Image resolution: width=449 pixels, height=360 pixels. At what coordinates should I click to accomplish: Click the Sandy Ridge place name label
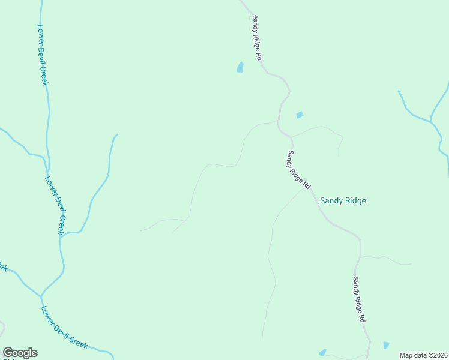pos(343,201)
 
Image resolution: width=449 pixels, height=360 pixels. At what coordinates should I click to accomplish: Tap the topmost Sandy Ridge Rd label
pos(258,37)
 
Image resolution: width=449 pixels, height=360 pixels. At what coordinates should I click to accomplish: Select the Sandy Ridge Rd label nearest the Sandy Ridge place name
pos(298,170)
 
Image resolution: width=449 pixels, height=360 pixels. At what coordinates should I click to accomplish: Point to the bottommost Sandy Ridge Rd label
pos(359,301)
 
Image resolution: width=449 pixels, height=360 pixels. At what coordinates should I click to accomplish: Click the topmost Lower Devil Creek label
pos(42,55)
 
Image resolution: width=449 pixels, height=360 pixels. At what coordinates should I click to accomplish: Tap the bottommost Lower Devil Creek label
pos(65,328)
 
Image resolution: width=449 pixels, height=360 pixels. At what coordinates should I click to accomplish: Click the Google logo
pos(20,353)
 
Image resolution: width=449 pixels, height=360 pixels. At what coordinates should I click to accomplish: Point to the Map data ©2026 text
pos(424,355)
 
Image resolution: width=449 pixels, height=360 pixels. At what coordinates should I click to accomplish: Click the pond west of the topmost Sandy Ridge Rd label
pos(240,67)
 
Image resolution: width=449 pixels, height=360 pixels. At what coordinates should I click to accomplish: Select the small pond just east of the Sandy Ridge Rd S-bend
pos(300,115)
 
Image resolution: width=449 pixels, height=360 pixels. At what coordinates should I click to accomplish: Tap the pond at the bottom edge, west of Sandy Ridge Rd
pos(322,352)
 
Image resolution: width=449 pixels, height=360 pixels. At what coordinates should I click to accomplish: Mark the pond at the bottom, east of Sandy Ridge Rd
pos(386,345)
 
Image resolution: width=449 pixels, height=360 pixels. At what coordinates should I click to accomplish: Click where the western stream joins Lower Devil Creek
pos(41,296)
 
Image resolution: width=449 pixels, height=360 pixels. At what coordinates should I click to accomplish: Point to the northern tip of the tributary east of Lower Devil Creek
pos(117,134)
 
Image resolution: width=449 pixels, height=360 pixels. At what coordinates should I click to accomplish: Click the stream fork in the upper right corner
pos(430,122)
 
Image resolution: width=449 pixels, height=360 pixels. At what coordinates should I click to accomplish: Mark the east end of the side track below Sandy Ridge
pos(411,263)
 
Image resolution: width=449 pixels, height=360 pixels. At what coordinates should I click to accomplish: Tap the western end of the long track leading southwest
pos(140,230)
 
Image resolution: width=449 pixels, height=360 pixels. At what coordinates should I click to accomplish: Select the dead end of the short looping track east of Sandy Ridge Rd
pos(339,156)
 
